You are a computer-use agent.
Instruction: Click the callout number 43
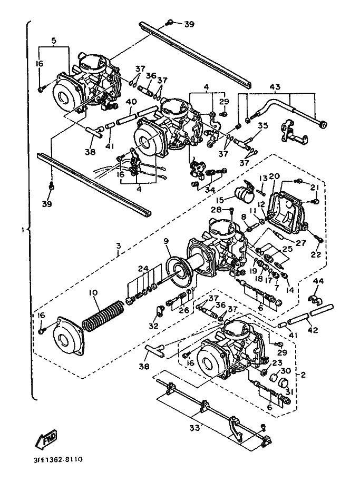coord(275,86)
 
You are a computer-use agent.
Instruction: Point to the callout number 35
coord(263,125)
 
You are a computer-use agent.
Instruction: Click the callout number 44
coord(318,282)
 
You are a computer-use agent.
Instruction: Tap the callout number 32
coord(153,326)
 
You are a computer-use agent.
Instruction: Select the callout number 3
coord(119,245)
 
